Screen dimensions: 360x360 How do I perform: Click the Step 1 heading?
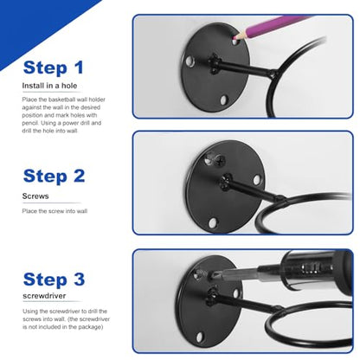[x=54, y=68]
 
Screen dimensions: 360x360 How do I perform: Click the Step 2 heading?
[x=54, y=176]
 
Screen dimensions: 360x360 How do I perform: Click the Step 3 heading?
[x=54, y=280]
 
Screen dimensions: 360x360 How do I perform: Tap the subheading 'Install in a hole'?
[x=49, y=86]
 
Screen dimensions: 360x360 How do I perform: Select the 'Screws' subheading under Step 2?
[x=35, y=196]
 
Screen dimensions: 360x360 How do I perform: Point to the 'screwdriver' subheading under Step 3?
[x=44, y=296]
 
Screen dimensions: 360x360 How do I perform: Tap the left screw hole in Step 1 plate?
[x=190, y=61]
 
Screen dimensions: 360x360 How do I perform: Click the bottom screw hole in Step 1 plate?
[x=224, y=100]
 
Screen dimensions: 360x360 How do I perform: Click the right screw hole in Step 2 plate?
[x=257, y=179]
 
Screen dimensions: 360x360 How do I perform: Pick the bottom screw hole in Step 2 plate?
[x=213, y=222]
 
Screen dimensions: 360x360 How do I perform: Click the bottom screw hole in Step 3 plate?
[x=199, y=337]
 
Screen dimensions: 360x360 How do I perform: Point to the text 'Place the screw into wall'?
[x=55, y=211]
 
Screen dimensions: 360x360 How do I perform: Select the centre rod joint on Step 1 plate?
[x=214, y=63]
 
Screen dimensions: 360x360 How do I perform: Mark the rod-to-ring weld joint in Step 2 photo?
[x=280, y=198]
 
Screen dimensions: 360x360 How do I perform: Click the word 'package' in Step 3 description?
[x=90, y=327]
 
